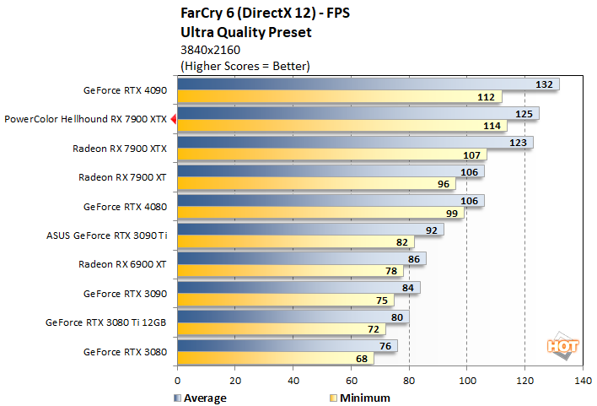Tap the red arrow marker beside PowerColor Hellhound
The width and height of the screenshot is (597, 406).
pyautogui.click(x=173, y=120)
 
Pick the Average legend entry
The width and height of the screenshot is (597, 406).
pyautogui.click(x=201, y=398)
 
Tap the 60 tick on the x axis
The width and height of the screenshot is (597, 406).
pyautogui.click(x=351, y=381)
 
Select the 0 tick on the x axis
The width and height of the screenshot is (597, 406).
pyautogui.click(x=177, y=381)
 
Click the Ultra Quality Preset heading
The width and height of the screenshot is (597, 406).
pyautogui.click(x=246, y=32)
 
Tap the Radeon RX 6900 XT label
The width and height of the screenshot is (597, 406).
pyautogui.click(x=122, y=264)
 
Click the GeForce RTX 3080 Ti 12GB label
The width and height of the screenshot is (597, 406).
pyautogui.click(x=113, y=322)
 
